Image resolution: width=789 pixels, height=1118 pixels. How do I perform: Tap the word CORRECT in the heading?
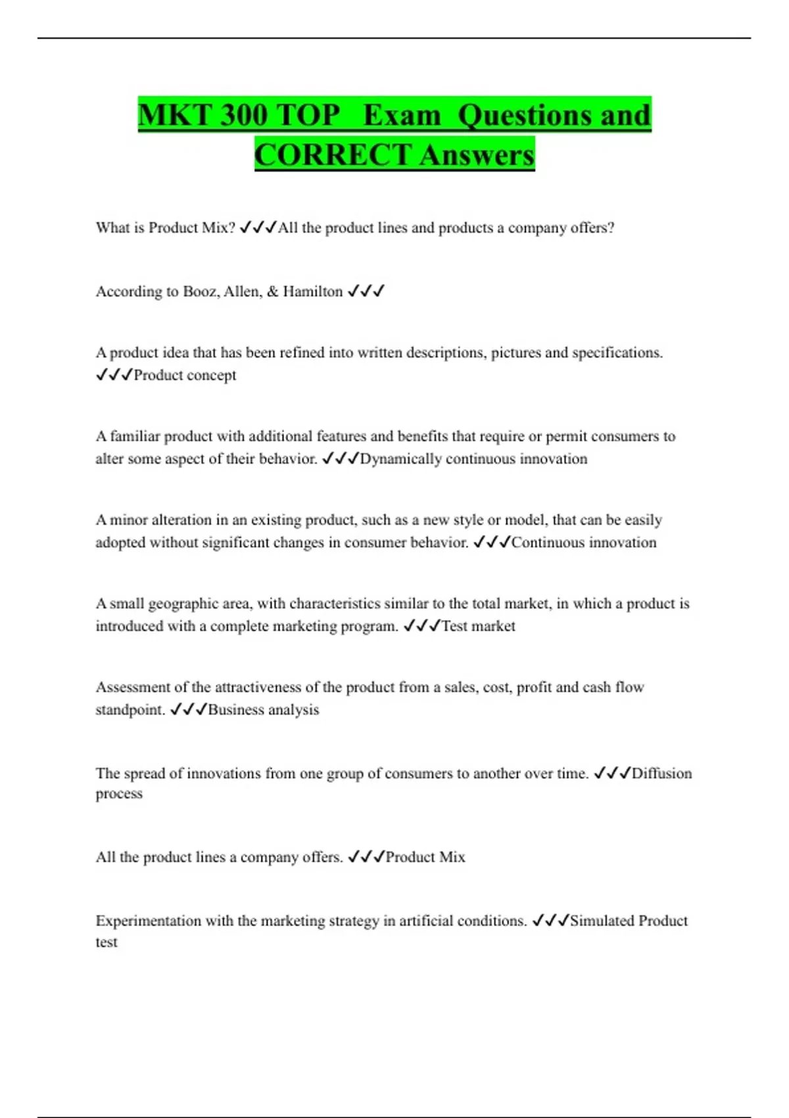(333, 155)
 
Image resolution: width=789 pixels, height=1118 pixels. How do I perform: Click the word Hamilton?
(312, 291)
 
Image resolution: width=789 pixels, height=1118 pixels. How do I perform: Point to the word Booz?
(197, 291)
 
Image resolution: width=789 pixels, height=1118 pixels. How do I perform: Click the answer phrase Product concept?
(185, 375)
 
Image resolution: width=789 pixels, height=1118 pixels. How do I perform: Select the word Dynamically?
(400, 458)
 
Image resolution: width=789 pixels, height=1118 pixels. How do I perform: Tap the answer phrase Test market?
(478, 626)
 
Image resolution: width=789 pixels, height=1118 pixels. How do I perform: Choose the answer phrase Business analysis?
(263, 710)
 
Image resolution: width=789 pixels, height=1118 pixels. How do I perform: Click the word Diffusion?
(661, 773)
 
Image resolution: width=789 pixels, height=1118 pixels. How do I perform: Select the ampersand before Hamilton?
(273, 291)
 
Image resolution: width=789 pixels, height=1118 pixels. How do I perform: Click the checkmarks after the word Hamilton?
(366, 291)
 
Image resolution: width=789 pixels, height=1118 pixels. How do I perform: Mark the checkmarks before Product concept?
(114, 375)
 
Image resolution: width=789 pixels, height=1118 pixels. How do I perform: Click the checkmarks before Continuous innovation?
(492, 543)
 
